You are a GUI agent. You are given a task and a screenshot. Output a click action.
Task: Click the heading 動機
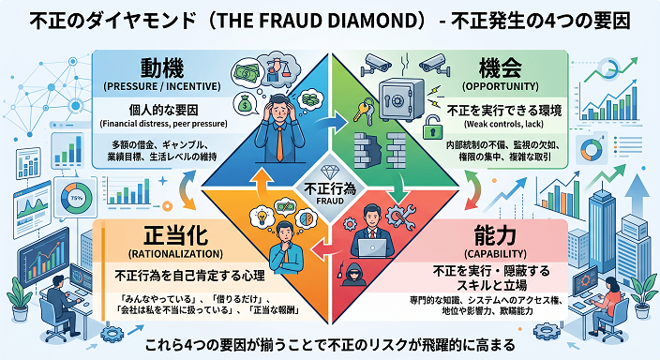(162, 68)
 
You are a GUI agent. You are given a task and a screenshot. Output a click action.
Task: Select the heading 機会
(500, 67)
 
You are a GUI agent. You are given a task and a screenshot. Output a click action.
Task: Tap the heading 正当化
(175, 235)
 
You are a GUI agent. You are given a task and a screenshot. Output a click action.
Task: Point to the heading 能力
(495, 235)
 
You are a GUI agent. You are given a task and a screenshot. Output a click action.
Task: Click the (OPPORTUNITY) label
(500, 86)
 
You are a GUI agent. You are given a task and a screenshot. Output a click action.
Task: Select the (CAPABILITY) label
(495, 254)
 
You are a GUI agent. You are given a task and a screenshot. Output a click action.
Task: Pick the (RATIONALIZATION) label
(175, 254)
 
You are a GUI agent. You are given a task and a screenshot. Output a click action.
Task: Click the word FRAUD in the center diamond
(330, 201)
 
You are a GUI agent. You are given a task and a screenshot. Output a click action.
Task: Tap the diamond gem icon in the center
(330, 172)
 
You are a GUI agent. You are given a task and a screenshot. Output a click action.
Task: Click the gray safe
(401, 100)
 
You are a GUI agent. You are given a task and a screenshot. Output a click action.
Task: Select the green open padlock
(430, 127)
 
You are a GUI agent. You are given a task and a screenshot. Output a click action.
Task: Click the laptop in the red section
(372, 248)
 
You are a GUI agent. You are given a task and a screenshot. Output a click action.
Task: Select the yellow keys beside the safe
(363, 111)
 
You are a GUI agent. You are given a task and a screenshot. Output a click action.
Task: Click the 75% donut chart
(76, 198)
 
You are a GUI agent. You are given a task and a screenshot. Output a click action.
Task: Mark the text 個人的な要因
(163, 111)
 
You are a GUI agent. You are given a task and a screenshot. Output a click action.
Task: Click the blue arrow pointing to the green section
(330, 123)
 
